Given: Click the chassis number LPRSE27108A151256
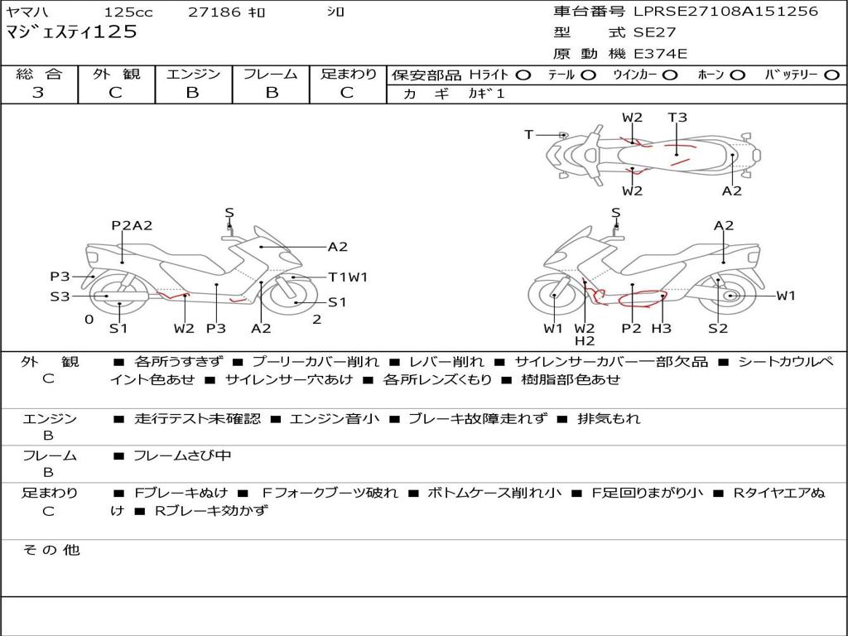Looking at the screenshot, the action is (x=725, y=12).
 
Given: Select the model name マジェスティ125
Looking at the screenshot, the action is (x=71, y=32).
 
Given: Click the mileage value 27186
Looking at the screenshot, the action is (x=214, y=12).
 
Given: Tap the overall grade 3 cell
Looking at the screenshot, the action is (x=38, y=93).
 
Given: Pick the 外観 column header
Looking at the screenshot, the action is (x=116, y=75).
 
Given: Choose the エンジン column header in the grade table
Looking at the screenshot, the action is (x=193, y=75).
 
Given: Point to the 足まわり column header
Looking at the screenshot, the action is (x=348, y=75).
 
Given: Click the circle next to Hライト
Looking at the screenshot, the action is (x=523, y=75).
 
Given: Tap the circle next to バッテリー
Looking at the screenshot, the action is (x=831, y=75).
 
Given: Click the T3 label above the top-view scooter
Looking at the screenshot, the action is (x=677, y=118).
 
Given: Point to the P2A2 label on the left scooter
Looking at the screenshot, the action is (x=132, y=225).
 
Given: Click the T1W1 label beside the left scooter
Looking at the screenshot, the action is (x=348, y=277).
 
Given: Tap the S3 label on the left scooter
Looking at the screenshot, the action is (x=60, y=296).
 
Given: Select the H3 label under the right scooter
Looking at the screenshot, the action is (x=661, y=329).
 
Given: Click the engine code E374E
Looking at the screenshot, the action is (x=661, y=54).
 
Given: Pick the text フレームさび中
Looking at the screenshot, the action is (x=182, y=455).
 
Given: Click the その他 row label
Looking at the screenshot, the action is (x=51, y=550).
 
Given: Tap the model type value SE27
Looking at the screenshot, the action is (x=654, y=33).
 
